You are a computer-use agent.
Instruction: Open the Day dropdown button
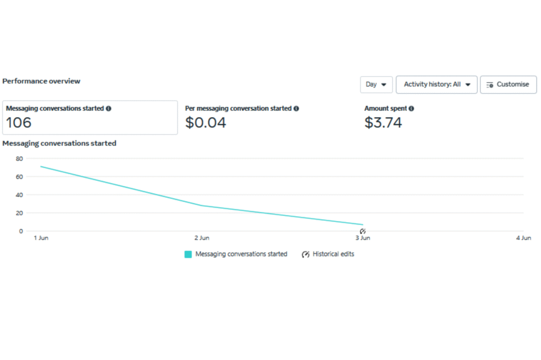[376, 84]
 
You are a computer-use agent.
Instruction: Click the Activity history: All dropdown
[436, 84]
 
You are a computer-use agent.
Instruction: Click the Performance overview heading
[41, 81]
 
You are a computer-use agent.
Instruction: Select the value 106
[19, 123]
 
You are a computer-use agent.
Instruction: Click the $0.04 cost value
[206, 123]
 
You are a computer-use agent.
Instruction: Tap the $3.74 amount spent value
[383, 123]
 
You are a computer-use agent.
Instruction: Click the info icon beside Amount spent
[412, 108]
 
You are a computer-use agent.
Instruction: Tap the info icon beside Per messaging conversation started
[296, 108]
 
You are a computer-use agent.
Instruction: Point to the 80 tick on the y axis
[20, 158]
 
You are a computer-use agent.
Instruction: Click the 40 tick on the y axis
[20, 195]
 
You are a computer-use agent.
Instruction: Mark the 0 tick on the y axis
[21, 231]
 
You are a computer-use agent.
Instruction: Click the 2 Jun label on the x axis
[202, 238]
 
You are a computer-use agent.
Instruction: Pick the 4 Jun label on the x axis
[523, 238]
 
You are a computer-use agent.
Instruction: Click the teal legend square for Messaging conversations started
[188, 254]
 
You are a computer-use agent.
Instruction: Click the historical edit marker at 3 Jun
[363, 231]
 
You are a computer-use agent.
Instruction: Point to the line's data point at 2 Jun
[202, 205]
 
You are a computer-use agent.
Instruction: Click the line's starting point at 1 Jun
[41, 166]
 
